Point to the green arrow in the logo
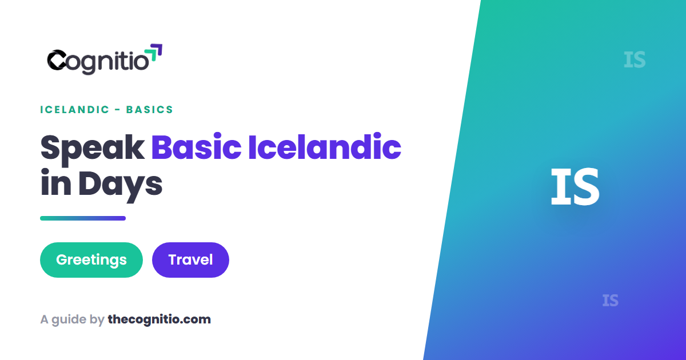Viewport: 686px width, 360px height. [x=151, y=55]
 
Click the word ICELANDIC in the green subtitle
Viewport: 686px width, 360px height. [x=75, y=110]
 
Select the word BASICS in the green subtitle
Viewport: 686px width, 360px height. [x=150, y=110]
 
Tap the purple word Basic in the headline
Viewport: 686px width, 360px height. [x=196, y=147]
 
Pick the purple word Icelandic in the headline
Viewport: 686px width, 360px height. [x=325, y=147]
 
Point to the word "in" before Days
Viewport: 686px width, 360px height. [x=56, y=182]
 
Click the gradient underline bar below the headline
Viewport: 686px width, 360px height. [x=83, y=218]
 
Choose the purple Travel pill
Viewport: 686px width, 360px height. [x=190, y=260]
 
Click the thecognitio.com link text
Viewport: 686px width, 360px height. [x=159, y=319]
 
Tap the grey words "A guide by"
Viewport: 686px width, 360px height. [x=72, y=319]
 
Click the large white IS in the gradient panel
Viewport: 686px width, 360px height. [x=575, y=186]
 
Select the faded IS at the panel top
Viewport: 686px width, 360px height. [x=635, y=60]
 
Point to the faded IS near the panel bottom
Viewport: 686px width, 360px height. [x=611, y=301]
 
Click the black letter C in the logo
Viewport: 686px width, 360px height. [x=57, y=60]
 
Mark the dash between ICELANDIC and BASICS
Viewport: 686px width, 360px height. [x=118, y=110]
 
